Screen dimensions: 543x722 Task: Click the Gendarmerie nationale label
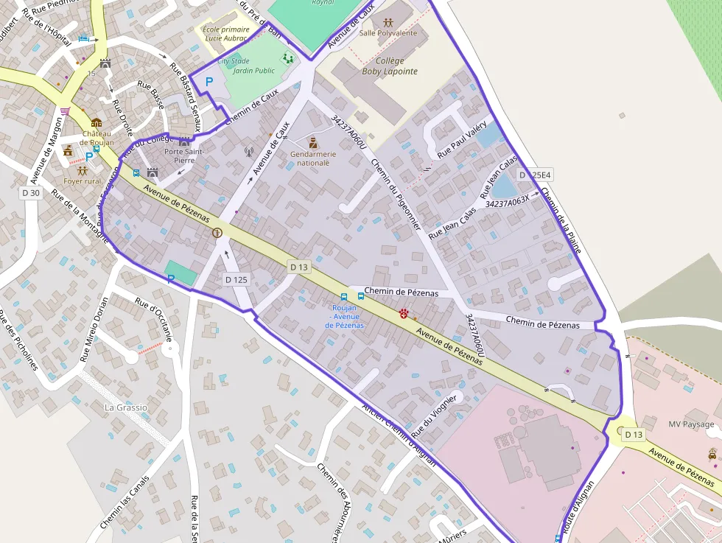(x=313, y=158)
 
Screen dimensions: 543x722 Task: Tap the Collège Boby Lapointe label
(x=390, y=66)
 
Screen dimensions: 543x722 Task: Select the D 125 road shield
(x=236, y=279)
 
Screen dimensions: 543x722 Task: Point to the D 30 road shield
(x=30, y=193)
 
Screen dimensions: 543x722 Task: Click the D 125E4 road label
(x=535, y=175)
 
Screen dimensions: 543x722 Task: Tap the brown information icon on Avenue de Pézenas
(x=217, y=233)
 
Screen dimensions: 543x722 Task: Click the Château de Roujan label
(x=97, y=138)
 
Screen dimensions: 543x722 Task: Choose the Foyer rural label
(x=83, y=181)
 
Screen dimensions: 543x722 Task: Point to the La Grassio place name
(x=126, y=407)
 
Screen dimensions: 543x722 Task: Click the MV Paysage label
(x=691, y=424)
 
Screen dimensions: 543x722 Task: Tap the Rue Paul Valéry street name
(x=462, y=139)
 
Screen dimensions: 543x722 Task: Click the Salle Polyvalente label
(x=388, y=33)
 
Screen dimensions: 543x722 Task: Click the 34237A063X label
(x=507, y=201)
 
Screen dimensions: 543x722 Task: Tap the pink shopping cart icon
(x=65, y=111)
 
